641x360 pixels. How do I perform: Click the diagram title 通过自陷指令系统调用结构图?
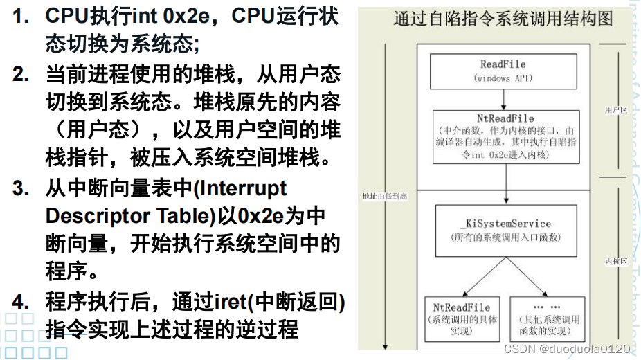point(503,19)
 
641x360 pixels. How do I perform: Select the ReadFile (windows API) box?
point(503,71)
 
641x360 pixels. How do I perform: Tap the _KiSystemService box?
point(505,231)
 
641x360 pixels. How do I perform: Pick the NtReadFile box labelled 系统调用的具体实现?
point(461,319)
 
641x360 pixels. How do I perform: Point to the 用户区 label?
point(615,110)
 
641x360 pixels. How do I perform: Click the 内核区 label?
point(615,262)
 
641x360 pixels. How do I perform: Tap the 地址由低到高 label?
point(385,196)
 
